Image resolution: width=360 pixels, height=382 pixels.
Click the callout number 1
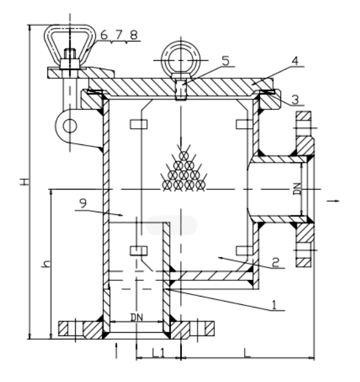[275, 305]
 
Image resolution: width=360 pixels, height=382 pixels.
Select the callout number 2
[275, 263]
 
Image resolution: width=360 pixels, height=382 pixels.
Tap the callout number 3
[295, 100]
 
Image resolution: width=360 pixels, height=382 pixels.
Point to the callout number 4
[295, 61]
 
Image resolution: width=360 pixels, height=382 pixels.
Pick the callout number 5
[226, 61]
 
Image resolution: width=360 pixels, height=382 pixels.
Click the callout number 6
[104, 35]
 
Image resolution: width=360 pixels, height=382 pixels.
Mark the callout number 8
[134, 35]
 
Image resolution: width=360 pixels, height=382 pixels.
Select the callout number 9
[83, 203]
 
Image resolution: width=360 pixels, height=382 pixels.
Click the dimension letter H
[25, 181]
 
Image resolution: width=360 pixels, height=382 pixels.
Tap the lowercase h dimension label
[46, 264]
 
